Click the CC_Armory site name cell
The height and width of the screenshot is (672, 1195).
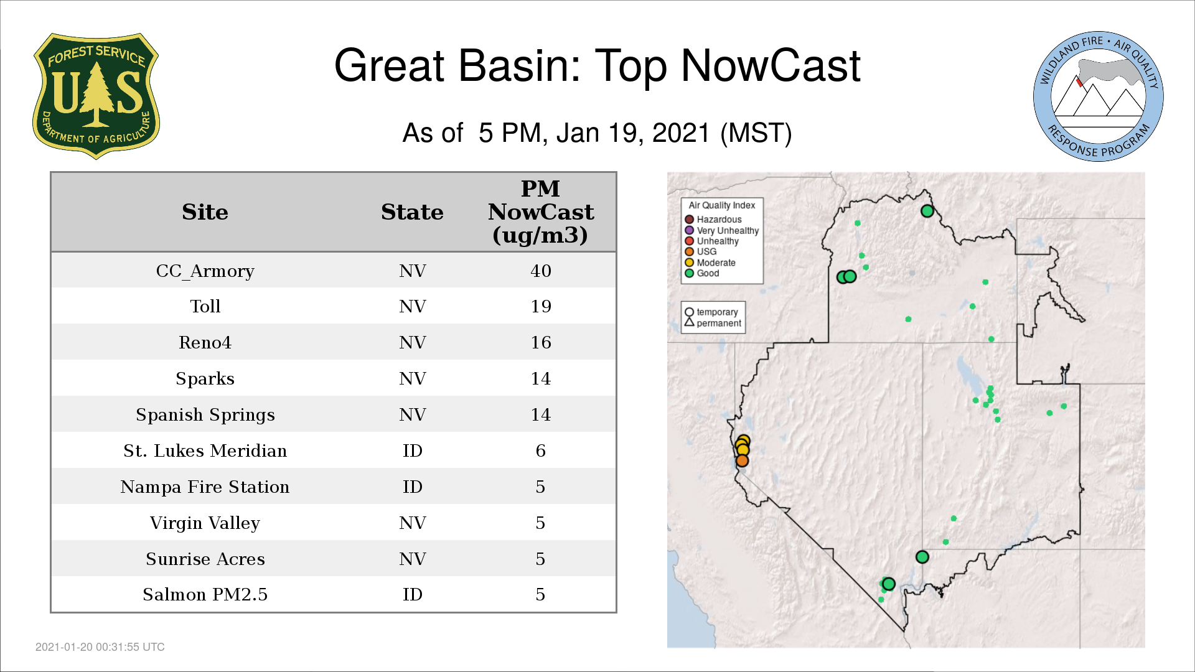(x=205, y=271)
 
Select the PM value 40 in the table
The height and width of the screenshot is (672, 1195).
(x=541, y=271)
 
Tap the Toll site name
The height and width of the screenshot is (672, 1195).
(x=205, y=306)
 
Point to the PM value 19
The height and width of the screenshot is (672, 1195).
(x=541, y=306)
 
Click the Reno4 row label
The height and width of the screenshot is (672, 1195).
(x=205, y=342)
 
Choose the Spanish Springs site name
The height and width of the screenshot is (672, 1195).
(x=205, y=415)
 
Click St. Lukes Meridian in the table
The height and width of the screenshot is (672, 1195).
(x=205, y=450)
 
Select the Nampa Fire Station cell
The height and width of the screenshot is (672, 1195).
(x=205, y=487)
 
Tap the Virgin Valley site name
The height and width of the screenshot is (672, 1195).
(x=205, y=523)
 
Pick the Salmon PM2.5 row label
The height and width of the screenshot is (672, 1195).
(x=205, y=595)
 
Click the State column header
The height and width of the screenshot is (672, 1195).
(x=412, y=212)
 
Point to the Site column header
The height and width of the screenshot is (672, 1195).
(x=205, y=212)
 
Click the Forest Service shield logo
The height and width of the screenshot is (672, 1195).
(x=96, y=96)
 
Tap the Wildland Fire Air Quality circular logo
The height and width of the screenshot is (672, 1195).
(x=1099, y=96)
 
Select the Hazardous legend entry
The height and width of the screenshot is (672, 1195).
(x=713, y=220)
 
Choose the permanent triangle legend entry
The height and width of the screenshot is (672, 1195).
(x=713, y=323)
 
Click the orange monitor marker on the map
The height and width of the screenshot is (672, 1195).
(x=742, y=461)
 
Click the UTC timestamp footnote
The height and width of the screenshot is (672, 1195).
(x=100, y=647)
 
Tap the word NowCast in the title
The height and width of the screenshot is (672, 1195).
(x=771, y=66)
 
